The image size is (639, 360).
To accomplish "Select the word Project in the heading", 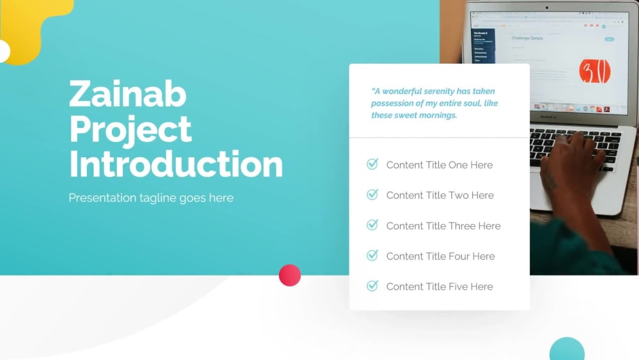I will [130, 129].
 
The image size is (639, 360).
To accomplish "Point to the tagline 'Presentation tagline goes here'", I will [151, 198].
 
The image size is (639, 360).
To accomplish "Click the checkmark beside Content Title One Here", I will [372, 164].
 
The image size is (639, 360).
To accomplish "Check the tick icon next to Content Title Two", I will [372, 194].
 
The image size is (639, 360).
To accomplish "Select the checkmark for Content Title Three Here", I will [372, 225].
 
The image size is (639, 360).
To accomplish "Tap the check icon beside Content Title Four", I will [372, 256].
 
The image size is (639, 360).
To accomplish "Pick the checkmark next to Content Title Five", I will [372, 286].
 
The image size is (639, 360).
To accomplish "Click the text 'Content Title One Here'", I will [439, 165].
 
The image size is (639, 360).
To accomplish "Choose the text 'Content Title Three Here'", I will [443, 226].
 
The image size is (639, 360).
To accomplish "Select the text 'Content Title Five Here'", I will [439, 286].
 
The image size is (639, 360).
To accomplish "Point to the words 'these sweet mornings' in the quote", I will [414, 116].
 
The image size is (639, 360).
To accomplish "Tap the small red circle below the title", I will [289, 275].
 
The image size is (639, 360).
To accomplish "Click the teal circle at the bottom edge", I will [567, 350].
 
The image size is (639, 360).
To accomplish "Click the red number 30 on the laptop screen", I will [594, 71].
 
